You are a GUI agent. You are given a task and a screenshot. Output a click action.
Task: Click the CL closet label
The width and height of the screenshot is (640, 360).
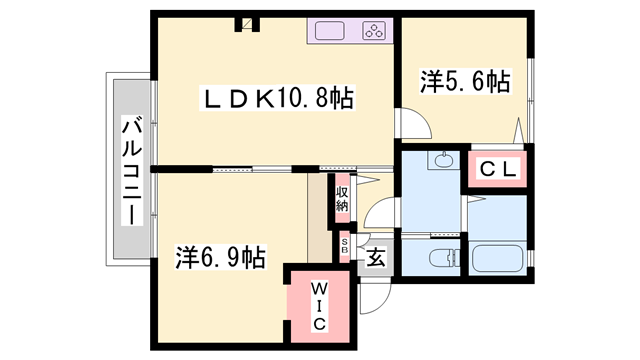tap(497, 170)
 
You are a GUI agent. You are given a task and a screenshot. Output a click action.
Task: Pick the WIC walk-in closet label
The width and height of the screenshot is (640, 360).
tap(315, 304)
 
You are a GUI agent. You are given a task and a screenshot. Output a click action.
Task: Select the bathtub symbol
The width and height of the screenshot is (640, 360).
tap(498, 257)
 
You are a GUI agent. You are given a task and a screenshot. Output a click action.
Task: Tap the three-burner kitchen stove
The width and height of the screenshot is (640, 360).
tap(375, 31)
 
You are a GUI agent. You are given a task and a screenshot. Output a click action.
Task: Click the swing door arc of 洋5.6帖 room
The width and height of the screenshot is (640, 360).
tap(413, 125)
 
